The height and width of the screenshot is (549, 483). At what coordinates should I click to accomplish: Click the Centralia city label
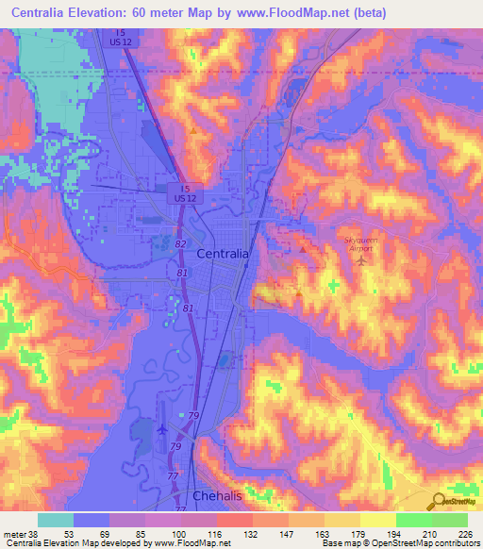[224, 255]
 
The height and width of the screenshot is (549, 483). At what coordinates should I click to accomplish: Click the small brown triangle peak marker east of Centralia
[302, 249]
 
